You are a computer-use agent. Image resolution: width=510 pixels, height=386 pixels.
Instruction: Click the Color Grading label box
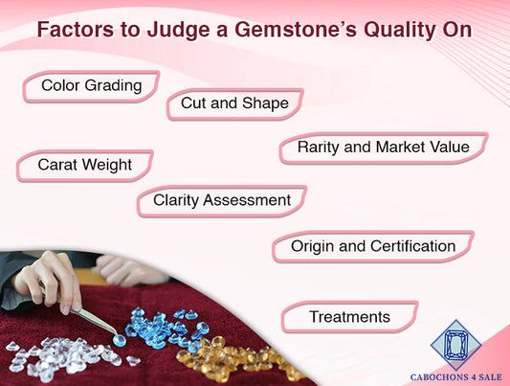point(91,86)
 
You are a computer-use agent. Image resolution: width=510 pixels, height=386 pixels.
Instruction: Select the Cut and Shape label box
point(234,103)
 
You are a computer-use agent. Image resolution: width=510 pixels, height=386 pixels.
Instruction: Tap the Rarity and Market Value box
point(383,148)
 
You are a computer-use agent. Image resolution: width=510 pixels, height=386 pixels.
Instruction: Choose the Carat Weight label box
point(84,165)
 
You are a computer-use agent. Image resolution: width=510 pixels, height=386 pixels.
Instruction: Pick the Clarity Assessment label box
point(221,200)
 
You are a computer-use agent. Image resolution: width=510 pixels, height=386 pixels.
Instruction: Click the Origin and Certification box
point(372,246)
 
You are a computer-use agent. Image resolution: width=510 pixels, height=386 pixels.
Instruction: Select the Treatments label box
point(349,316)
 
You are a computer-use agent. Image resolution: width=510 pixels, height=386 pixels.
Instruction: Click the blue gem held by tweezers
point(119,340)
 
